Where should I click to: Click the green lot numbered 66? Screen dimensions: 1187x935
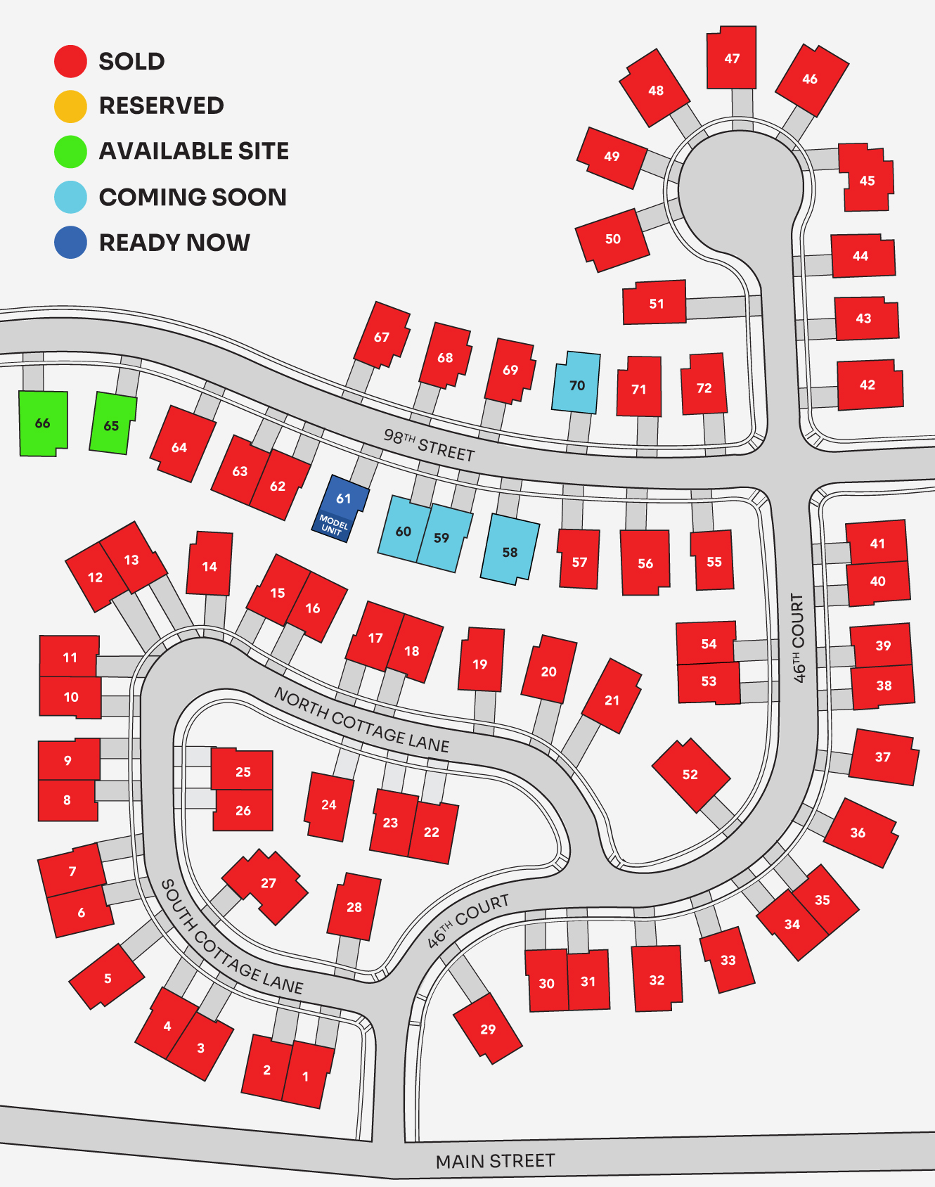(43, 423)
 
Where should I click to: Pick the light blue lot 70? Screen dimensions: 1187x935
(576, 384)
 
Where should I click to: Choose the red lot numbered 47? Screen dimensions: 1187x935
(732, 58)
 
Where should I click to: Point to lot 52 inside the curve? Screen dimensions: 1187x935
(690, 774)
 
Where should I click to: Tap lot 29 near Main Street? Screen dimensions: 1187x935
(488, 1028)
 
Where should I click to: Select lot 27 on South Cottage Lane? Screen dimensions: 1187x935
(267, 885)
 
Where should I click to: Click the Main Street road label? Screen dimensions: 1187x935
(495, 1161)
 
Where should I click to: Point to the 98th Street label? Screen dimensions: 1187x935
(429, 445)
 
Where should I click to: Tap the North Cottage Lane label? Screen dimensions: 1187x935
(361, 720)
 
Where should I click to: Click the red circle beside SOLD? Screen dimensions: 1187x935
(70, 61)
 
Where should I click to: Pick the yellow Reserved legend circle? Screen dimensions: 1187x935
(70, 106)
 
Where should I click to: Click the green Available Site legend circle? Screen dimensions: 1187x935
(70, 151)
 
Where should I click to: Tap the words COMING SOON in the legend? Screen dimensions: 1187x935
(193, 197)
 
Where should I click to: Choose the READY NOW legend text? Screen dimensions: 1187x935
(174, 243)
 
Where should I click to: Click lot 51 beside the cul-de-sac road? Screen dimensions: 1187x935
(655, 303)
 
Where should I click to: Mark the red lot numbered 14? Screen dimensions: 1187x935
(209, 565)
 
